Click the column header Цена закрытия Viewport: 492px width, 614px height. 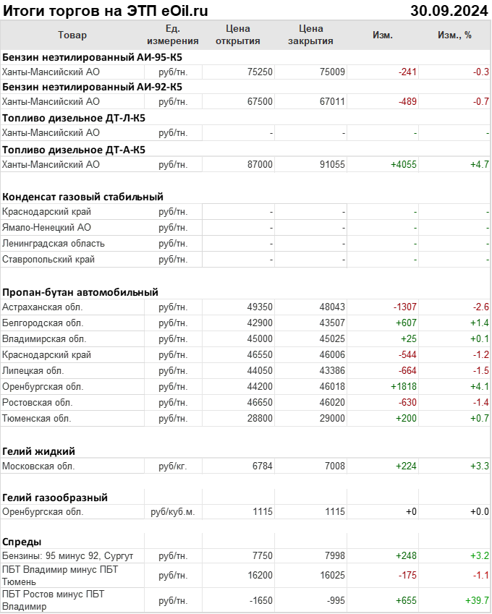pos(310,35)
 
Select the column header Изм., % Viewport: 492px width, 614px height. pos(454,35)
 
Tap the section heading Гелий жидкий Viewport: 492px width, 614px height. pos(39,451)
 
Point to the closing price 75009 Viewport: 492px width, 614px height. pos(332,72)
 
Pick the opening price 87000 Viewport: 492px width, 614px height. pos(260,165)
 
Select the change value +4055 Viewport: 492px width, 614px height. pos(404,165)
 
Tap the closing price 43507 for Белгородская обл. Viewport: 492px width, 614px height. pos(332,323)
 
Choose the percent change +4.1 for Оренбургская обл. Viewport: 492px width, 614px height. pos(480,387)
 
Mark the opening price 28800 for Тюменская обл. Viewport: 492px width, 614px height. pos(260,419)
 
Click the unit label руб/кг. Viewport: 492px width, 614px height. pos(173,466)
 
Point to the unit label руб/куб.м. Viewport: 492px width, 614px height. pos(172,512)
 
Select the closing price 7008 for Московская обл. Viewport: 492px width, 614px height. pos(334,466)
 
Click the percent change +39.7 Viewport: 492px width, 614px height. pos(477,601)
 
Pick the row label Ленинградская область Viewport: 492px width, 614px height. pos(54,244)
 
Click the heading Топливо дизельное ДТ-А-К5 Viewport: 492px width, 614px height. pos(74,150)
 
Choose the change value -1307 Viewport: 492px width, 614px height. pos(404,307)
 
